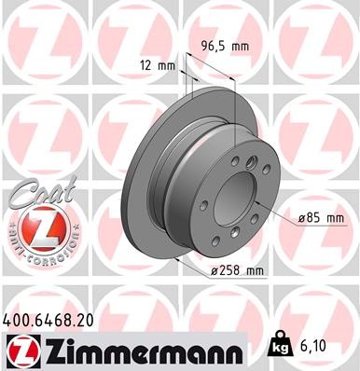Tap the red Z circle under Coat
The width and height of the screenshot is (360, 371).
[37, 228]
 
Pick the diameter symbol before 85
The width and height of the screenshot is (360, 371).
[301, 218]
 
